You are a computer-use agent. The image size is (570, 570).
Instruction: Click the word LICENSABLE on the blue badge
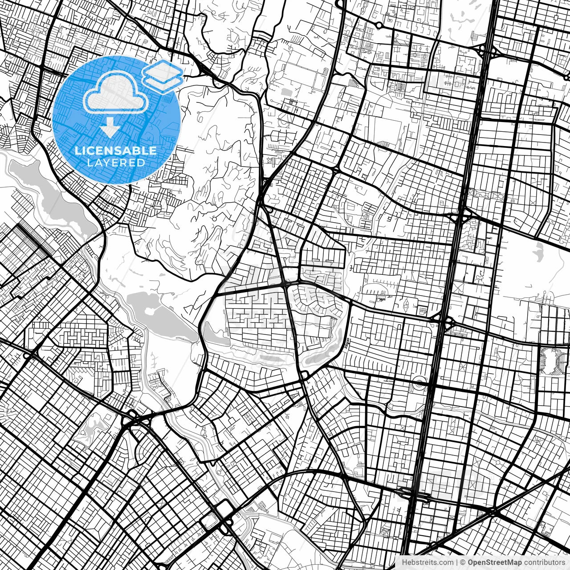(116, 151)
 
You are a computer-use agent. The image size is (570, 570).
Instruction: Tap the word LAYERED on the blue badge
(116, 163)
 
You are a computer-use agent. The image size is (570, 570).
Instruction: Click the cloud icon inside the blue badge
(116, 93)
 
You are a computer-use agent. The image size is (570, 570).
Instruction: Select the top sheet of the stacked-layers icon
(163, 70)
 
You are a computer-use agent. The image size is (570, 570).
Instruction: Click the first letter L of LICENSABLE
(78, 151)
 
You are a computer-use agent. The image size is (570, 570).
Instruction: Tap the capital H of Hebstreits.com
(404, 562)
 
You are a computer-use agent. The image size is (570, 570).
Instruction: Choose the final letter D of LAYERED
(141, 163)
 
